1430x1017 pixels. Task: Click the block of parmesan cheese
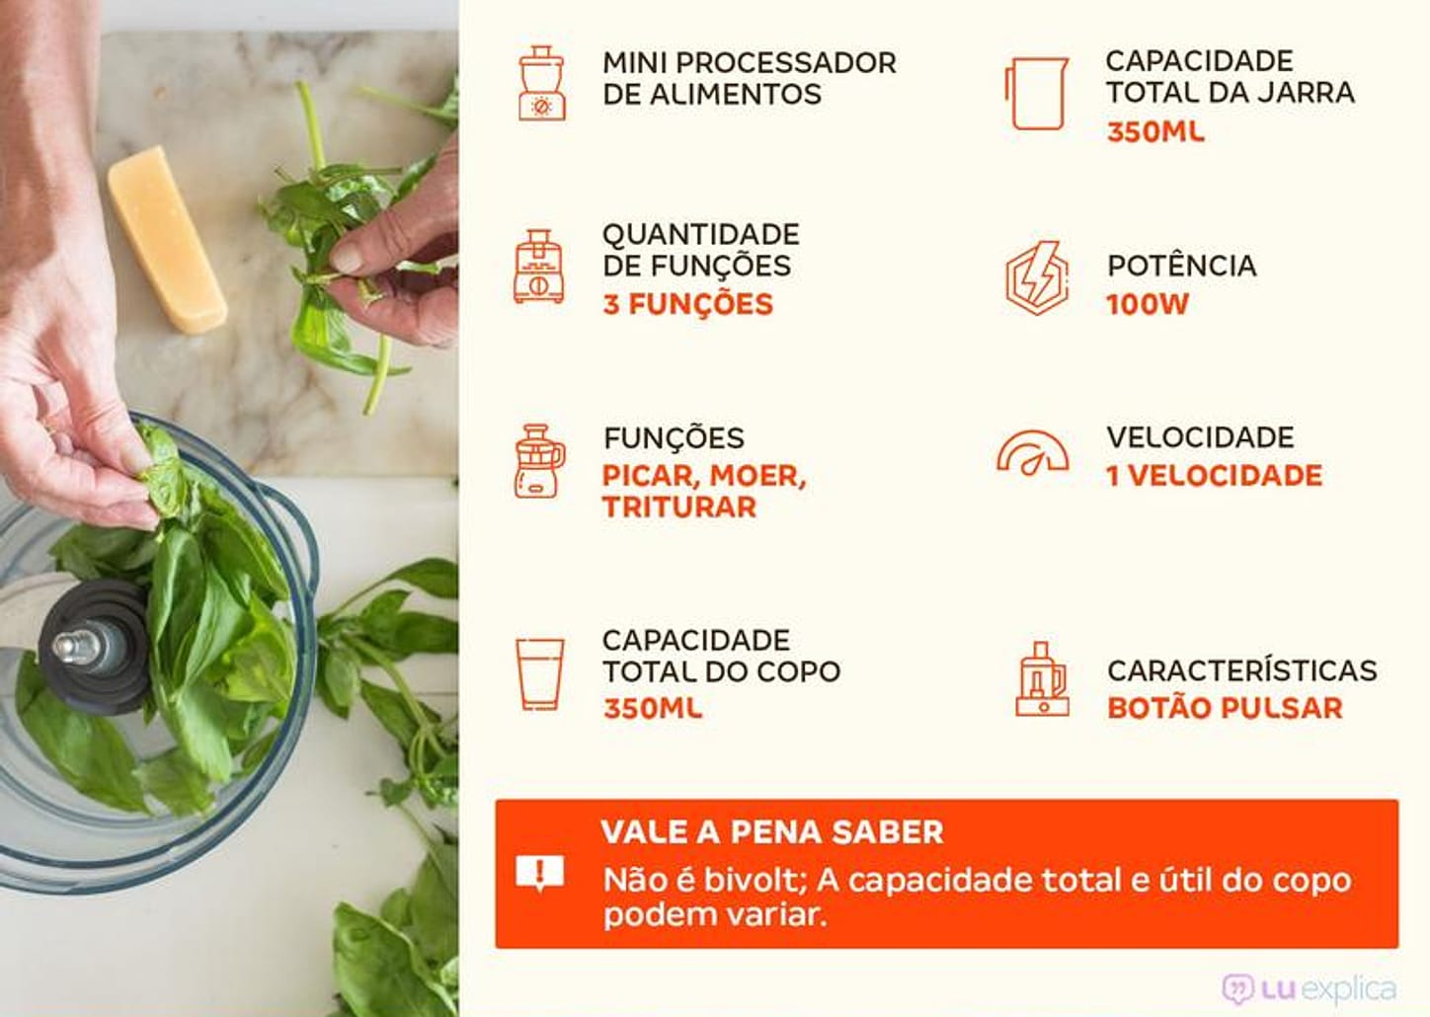tap(166, 239)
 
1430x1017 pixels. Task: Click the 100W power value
tap(1147, 304)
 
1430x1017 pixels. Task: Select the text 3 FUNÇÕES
tap(687, 304)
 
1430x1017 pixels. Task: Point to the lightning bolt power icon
tap(1036, 277)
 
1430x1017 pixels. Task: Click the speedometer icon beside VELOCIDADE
tap(1032, 454)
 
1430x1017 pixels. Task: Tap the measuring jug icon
tap(1036, 93)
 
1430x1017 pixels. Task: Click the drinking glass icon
tap(540, 673)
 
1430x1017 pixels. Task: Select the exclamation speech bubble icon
tap(540, 873)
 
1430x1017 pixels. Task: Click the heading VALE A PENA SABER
tap(771, 831)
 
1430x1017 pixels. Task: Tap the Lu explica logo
tap(1310, 988)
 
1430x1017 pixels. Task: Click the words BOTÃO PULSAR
tap(1225, 708)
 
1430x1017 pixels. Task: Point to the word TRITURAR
tap(679, 508)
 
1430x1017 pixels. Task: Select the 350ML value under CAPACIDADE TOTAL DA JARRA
tap(1154, 131)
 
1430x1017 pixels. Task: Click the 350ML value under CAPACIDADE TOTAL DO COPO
tap(653, 708)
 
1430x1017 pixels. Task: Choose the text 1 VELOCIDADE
tap(1214, 476)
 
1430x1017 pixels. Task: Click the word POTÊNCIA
tap(1181, 266)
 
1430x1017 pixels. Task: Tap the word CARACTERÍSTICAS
tap(1241, 670)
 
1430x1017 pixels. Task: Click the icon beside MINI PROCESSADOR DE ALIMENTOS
tap(541, 83)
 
